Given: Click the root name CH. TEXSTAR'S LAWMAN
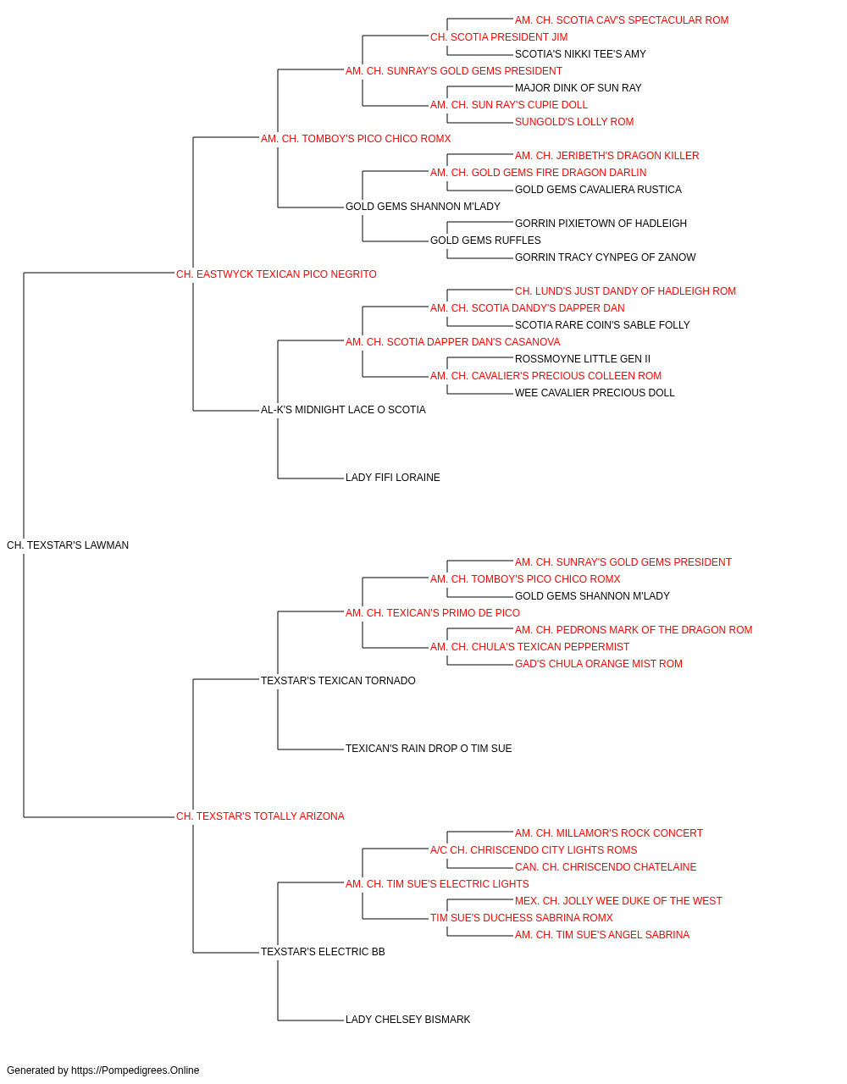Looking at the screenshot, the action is pos(68,545).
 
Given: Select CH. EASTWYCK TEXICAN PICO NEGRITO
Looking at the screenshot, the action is pos(276,274).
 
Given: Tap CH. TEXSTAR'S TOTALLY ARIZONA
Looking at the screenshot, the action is pos(260,816).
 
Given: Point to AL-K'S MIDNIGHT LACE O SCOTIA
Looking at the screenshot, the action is pos(343,410).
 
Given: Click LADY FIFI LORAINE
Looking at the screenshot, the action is pos(393,478).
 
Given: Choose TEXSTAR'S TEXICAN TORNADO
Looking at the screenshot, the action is pos(338,680).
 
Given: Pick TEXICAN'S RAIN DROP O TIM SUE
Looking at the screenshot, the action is pos(429,749).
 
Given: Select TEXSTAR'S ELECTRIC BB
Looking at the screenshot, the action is pos(324,952).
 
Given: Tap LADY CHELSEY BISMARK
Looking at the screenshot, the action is pos(408,1019).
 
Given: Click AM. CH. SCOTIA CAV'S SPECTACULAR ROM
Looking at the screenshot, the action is pos(622,20).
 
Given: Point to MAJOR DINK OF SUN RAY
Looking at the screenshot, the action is pos(579,88).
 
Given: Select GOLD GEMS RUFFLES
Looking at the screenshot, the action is pos(485,241).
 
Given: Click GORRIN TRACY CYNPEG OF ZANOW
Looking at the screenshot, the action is pos(606,257).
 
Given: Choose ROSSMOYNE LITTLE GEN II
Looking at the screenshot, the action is pos(583,359).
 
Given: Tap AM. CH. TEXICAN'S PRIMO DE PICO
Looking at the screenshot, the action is pos(433,613).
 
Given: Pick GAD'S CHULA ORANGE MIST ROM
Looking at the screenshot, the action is pos(599,663).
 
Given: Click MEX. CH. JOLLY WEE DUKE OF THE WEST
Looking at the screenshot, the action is pos(618,901).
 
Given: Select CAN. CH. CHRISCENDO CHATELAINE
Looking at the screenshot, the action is pos(606,867).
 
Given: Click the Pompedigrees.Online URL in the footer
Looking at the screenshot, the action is pos(136,1070).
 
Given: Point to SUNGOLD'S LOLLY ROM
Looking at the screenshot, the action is pos(574,122).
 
